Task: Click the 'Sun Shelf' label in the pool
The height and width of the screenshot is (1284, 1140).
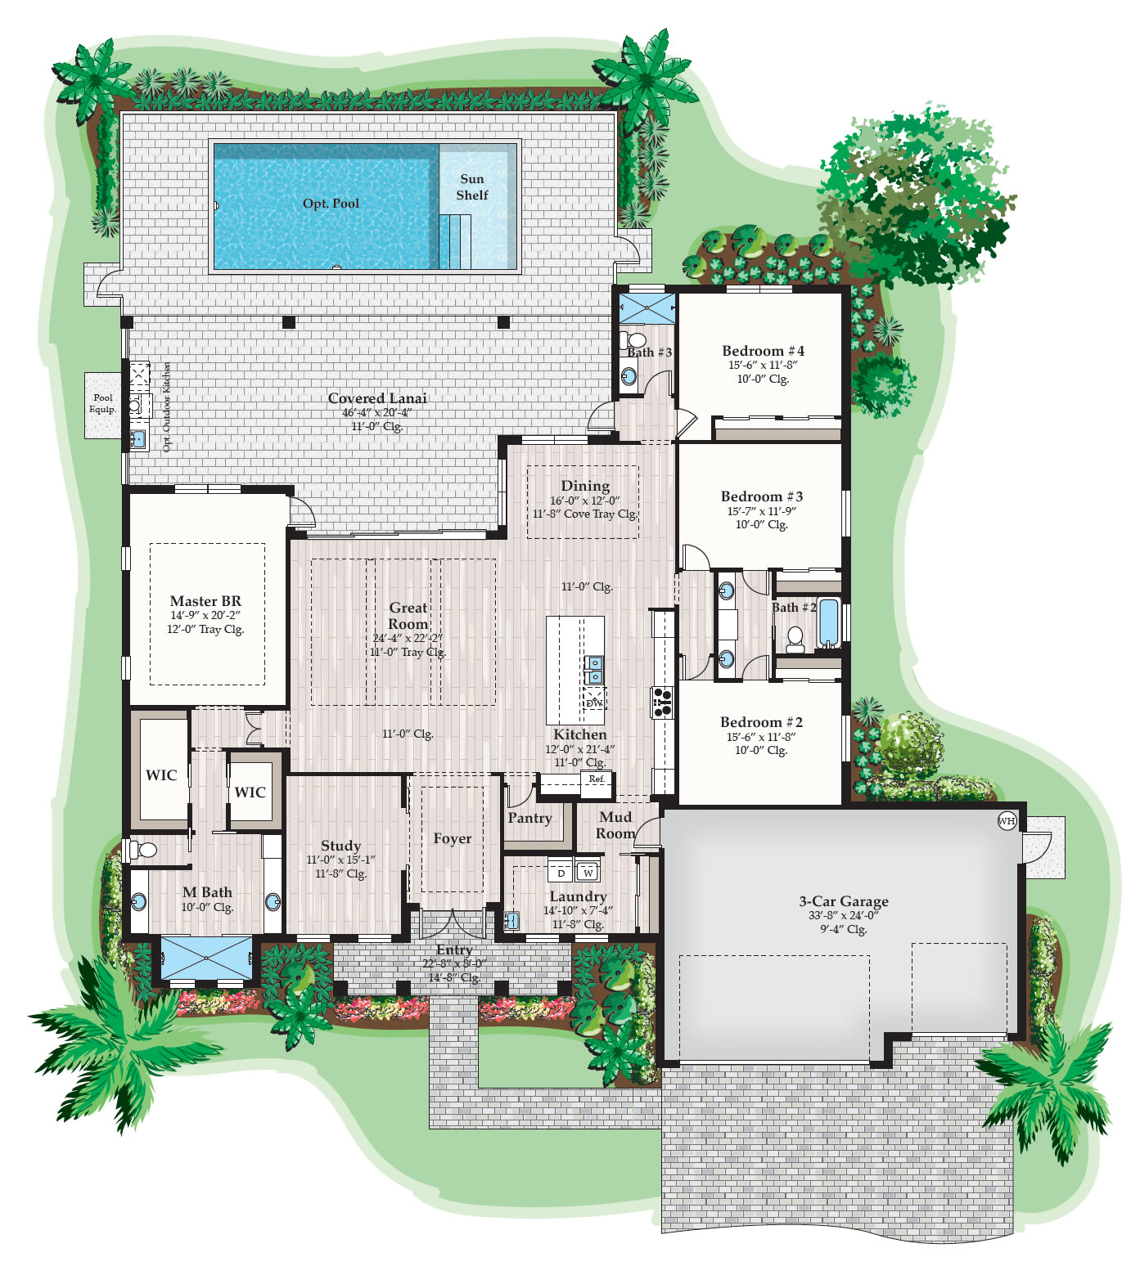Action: tap(472, 187)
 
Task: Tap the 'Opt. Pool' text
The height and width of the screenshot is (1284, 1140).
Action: tap(331, 204)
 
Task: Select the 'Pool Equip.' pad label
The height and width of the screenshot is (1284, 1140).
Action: tap(103, 403)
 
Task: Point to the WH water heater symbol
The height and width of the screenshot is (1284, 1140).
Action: tap(1007, 821)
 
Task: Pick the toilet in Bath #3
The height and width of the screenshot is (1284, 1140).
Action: tap(633, 339)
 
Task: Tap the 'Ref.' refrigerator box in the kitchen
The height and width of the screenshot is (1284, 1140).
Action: tap(597, 779)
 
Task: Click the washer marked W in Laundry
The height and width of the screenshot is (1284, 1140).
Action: tap(588, 872)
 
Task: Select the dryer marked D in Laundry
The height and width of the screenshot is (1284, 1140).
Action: tap(561, 872)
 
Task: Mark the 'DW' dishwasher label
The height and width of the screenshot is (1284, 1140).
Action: tap(594, 703)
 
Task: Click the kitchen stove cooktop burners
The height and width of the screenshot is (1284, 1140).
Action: tap(662, 703)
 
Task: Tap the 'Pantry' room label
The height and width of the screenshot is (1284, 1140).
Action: tap(529, 818)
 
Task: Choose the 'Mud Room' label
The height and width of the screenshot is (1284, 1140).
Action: tap(615, 825)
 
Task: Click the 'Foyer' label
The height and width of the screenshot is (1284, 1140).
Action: tap(453, 838)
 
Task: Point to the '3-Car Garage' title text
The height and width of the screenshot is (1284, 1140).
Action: tap(844, 901)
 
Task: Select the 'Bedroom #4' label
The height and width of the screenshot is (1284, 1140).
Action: tap(763, 351)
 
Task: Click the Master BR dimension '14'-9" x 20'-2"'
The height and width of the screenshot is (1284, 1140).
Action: tap(205, 616)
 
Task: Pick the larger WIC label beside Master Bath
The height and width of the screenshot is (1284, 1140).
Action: tap(161, 775)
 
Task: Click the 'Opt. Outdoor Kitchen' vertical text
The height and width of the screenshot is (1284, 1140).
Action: tap(167, 406)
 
